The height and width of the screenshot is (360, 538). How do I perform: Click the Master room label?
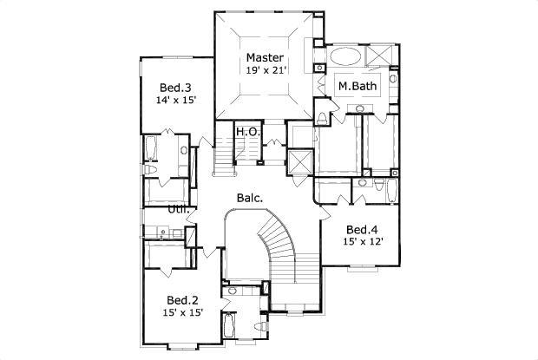tap(265, 58)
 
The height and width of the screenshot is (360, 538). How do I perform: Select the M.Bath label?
tap(356, 87)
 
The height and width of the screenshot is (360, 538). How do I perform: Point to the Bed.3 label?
tap(176, 88)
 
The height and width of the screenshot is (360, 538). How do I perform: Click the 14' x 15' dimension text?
tap(176, 101)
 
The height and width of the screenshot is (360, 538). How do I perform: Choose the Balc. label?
tap(250, 198)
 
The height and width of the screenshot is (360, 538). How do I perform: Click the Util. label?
tap(179, 209)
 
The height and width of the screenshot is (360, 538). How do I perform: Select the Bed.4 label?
tap(363, 230)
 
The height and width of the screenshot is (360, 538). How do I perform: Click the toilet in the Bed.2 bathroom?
tap(262, 325)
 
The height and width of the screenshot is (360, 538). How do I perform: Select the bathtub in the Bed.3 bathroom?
tap(150, 149)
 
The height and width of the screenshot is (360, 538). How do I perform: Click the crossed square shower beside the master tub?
tap(379, 57)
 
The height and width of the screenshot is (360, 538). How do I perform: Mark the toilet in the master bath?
tap(322, 117)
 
